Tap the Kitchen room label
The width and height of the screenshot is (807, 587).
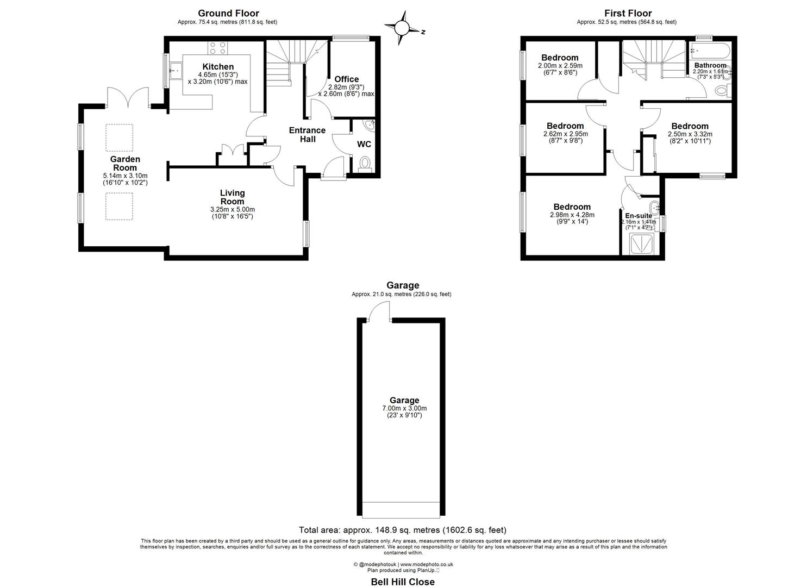click(218, 67)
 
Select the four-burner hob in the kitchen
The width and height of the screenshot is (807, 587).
click(218, 48)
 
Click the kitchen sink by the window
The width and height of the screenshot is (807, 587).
click(176, 71)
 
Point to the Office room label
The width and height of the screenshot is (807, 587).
click(346, 79)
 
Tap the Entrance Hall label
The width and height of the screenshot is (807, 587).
click(307, 134)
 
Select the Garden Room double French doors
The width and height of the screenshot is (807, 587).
click(128, 98)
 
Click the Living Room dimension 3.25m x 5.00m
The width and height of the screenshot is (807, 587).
click(232, 209)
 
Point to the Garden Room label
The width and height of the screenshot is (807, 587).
click(125, 163)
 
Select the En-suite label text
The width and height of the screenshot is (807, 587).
click(639, 216)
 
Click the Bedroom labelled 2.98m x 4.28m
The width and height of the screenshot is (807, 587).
click(572, 207)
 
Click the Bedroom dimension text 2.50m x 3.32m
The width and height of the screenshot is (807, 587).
click(690, 134)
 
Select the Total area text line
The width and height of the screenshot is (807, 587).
click(403, 530)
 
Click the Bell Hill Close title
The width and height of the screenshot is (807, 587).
click(403, 582)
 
